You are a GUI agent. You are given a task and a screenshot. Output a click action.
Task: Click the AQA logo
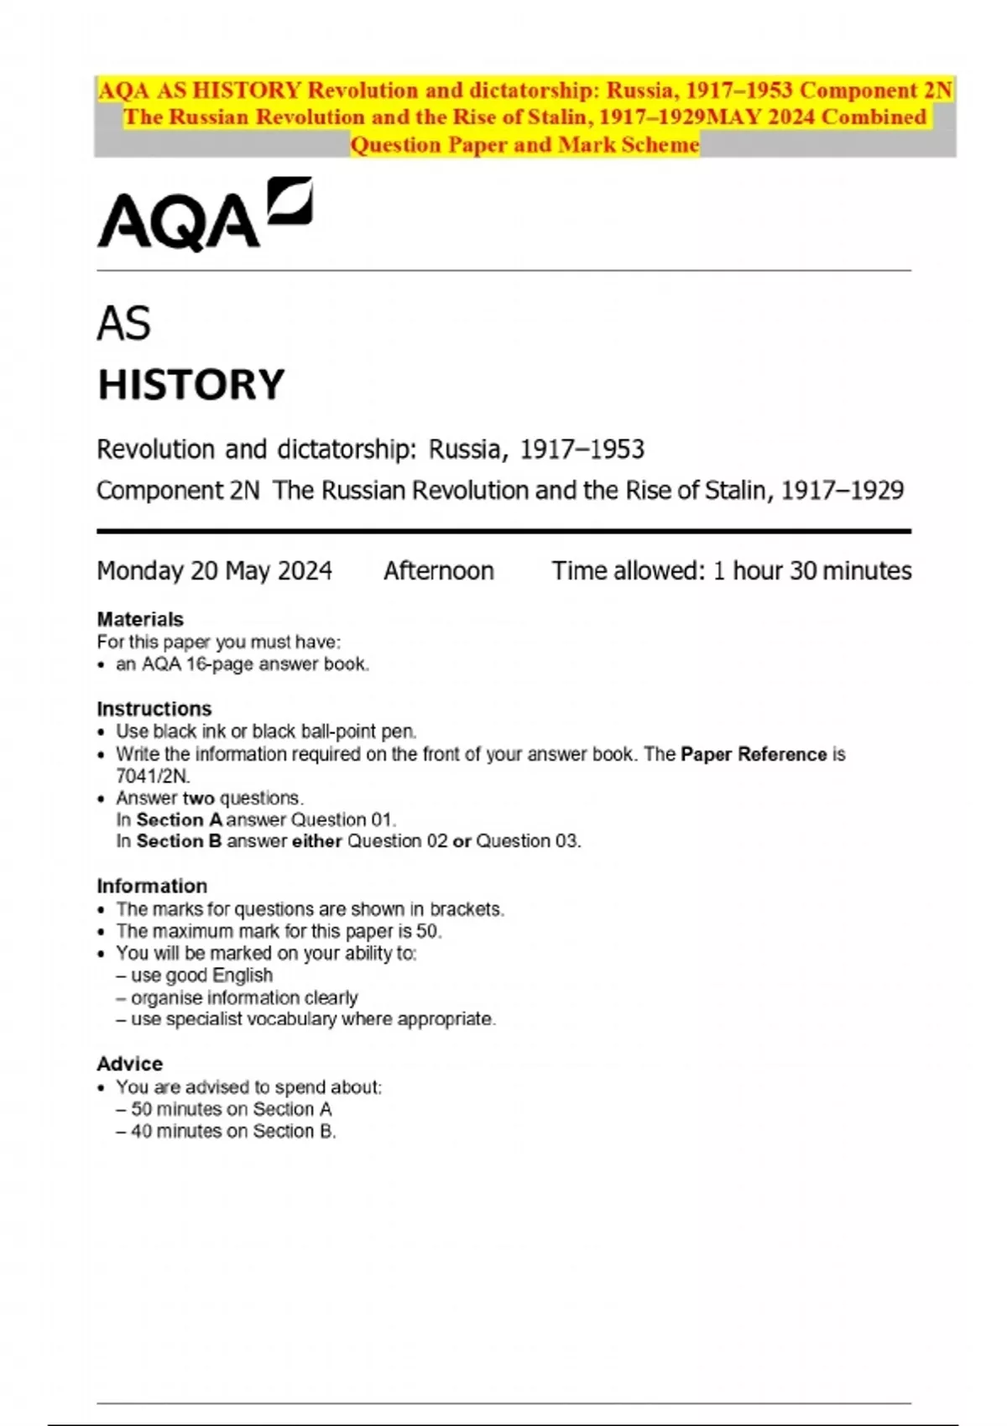[x=204, y=215]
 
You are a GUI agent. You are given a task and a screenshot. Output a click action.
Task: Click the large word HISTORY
[x=191, y=385]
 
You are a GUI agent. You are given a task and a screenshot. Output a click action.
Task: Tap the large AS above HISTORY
[x=123, y=324]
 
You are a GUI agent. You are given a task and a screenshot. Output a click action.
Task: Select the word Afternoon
[x=438, y=571]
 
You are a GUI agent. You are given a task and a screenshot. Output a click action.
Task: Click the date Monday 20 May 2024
[x=214, y=571]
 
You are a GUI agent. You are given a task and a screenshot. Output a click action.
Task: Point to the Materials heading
[x=140, y=619]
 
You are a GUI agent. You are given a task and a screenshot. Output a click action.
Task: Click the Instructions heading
[x=154, y=708]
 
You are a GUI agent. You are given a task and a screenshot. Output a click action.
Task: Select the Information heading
[x=152, y=886]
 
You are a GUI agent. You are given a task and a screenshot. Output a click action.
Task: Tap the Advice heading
[x=129, y=1064]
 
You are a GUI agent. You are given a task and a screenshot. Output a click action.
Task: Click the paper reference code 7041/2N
[x=153, y=776]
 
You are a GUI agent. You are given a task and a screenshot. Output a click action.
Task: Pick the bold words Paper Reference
[x=754, y=754]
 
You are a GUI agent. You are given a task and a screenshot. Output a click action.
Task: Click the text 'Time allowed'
[x=628, y=571]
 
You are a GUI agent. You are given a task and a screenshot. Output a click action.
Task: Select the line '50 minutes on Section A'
[x=231, y=1109]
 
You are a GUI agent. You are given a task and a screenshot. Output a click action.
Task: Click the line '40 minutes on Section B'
[x=232, y=1131]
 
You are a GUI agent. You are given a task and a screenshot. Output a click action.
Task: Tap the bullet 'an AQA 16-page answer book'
[x=242, y=664]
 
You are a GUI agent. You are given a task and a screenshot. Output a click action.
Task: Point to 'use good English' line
[x=201, y=976]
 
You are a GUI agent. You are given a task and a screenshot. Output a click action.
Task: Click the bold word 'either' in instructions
[x=316, y=841]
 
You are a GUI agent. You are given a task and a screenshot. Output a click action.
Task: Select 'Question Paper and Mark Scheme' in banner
[x=524, y=145]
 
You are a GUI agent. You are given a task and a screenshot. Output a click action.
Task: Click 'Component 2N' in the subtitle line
[x=178, y=490]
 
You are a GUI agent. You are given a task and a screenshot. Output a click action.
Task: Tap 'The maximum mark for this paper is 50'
[x=278, y=931]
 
